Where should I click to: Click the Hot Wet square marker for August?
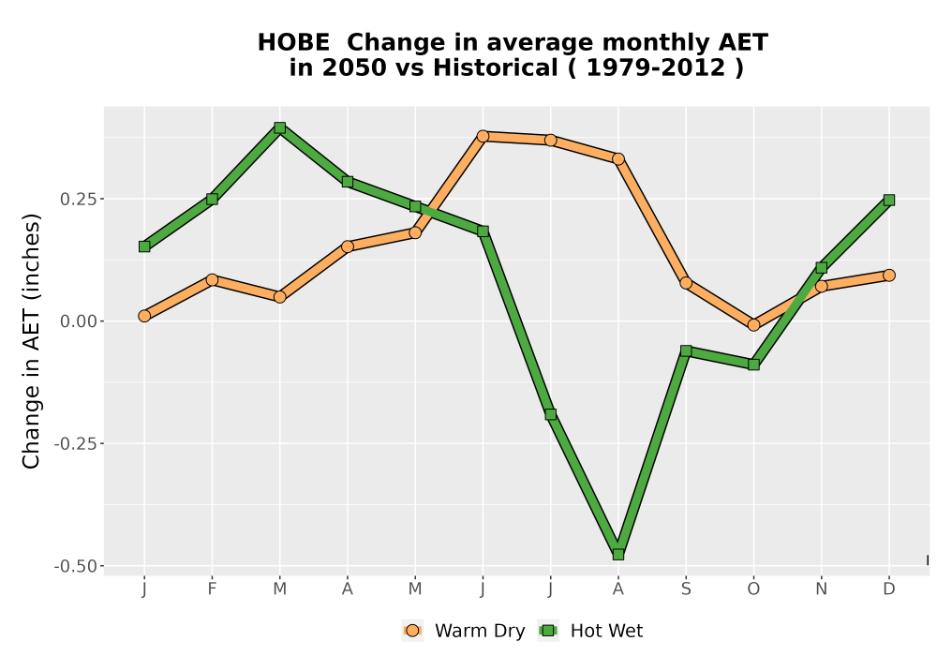(x=617, y=555)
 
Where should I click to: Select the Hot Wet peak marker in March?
(x=279, y=127)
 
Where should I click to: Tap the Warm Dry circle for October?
(x=753, y=325)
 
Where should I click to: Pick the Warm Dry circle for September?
(x=686, y=283)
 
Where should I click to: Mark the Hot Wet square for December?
(x=889, y=201)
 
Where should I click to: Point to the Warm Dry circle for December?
(x=889, y=275)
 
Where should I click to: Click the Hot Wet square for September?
(x=686, y=350)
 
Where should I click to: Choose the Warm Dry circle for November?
(x=822, y=286)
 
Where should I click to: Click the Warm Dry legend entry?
(x=464, y=631)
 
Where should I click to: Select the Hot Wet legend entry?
(x=590, y=631)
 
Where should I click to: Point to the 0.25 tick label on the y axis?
(x=78, y=199)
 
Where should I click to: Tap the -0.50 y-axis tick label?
(x=75, y=566)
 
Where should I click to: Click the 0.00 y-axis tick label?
(x=78, y=321)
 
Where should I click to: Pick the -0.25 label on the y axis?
(x=75, y=444)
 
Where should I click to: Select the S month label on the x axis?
(x=686, y=589)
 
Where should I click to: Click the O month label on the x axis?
(x=753, y=589)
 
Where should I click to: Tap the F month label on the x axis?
(x=212, y=589)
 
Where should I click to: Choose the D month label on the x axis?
(x=889, y=589)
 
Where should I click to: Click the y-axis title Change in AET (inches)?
(x=31, y=341)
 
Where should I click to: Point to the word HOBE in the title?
(x=293, y=42)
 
